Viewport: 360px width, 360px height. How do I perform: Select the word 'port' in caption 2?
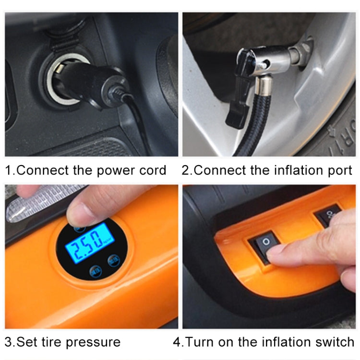(x=338, y=170)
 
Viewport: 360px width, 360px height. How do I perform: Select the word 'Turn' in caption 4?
(x=202, y=342)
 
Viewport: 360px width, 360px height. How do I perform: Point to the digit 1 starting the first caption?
(x=8, y=170)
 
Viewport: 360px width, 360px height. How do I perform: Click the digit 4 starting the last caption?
(x=177, y=342)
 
